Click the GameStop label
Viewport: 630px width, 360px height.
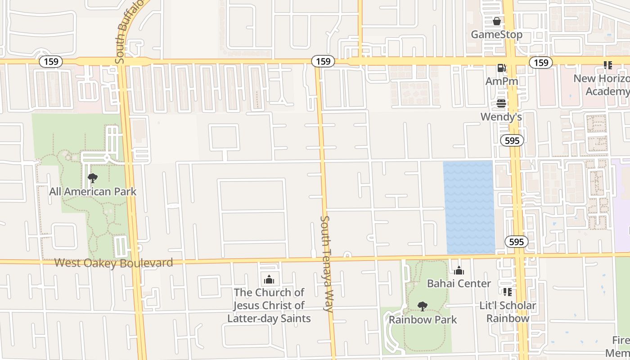tap(496, 35)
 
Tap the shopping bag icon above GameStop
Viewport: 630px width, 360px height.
tap(496, 21)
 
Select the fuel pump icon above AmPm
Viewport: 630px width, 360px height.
tap(501, 68)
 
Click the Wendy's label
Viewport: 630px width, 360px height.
tap(501, 117)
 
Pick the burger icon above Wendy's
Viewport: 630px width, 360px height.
tap(501, 104)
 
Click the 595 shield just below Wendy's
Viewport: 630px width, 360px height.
tap(512, 140)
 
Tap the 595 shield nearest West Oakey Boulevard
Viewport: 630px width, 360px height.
tap(516, 242)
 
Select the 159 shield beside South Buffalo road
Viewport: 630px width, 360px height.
tap(51, 61)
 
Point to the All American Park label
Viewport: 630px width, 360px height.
tap(93, 192)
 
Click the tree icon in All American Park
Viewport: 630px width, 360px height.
tap(93, 178)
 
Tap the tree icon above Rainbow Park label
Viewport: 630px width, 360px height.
tap(422, 306)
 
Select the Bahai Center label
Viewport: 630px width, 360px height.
tap(459, 283)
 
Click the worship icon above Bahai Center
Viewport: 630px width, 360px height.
tap(459, 270)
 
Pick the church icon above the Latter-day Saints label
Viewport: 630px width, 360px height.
tap(269, 279)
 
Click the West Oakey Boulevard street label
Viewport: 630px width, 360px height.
tap(113, 263)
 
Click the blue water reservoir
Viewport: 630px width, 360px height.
tap(469, 207)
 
